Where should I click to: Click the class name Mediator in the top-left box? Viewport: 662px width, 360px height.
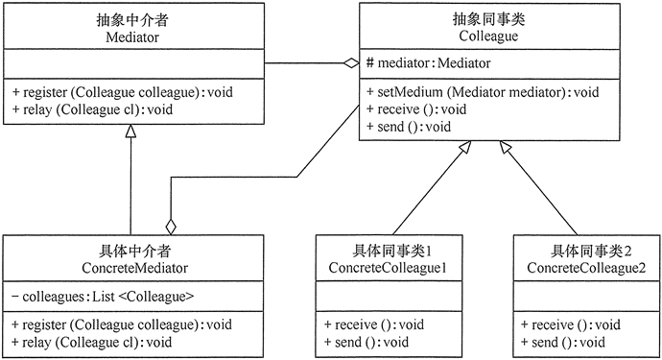coord(132,36)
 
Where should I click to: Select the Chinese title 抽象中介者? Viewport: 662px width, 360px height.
coord(132,19)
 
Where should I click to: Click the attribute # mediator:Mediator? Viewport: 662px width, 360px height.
coord(431,63)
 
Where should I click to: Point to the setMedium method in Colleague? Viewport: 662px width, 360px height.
coord(483,92)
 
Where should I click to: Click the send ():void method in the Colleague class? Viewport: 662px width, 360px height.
coord(409,127)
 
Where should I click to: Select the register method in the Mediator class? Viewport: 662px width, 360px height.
coord(122,92)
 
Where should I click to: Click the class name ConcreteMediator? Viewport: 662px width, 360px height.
coord(132,265)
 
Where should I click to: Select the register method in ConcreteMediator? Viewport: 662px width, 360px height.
coord(122,324)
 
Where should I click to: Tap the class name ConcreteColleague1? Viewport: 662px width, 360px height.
coord(388,265)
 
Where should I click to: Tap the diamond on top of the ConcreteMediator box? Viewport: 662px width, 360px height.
coord(171,227)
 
